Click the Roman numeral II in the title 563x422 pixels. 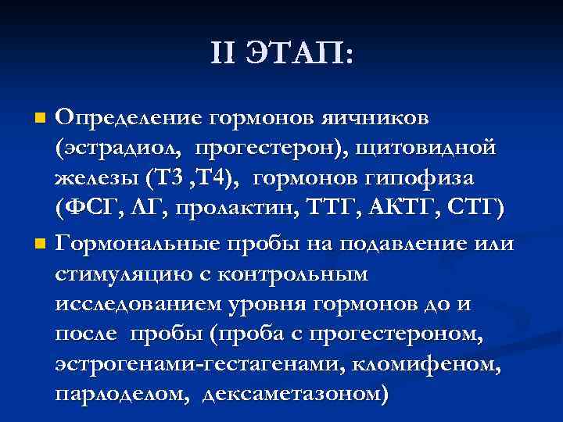[x=222, y=53]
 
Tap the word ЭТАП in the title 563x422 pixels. [x=299, y=53]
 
